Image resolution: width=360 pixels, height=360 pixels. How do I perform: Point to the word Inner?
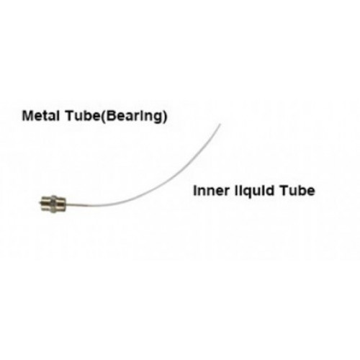click(x=211, y=191)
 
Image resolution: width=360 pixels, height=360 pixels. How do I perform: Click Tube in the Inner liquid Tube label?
click(x=297, y=191)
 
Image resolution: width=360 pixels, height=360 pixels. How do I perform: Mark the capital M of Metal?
click(x=27, y=116)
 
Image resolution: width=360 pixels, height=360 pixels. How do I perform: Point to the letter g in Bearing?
click(x=156, y=119)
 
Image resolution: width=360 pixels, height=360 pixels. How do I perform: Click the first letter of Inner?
click(x=195, y=191)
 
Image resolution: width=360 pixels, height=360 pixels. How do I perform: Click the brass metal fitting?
click(x=53, y=203)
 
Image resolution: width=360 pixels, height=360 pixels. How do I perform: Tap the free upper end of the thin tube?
click(x=220, y=124)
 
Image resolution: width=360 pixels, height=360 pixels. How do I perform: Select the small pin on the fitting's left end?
click(x=40, y=204)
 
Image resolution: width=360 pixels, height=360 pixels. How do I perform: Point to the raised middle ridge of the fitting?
click(x=54, y=203)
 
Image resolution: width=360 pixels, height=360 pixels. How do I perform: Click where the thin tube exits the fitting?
click(x=66, y=204)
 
